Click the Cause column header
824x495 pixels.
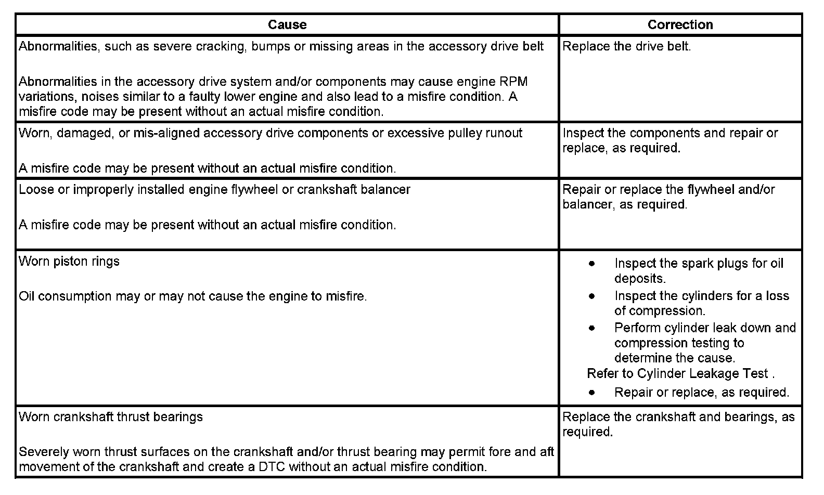coord(287,24)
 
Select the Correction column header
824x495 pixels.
coord(680,24)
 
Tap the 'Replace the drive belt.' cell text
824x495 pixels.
coord(627,46)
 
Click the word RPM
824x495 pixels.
coord(513,82)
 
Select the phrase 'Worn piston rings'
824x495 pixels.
coord(69,261)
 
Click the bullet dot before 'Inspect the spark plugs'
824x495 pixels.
coord(592,264)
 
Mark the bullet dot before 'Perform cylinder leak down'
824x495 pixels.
coord(592,329)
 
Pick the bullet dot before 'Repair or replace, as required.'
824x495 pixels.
coord(592,393)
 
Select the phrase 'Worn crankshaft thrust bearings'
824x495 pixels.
coord(111,417)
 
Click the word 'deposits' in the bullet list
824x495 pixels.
coord(639,279)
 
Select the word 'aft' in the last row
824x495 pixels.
coord(546,452)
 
